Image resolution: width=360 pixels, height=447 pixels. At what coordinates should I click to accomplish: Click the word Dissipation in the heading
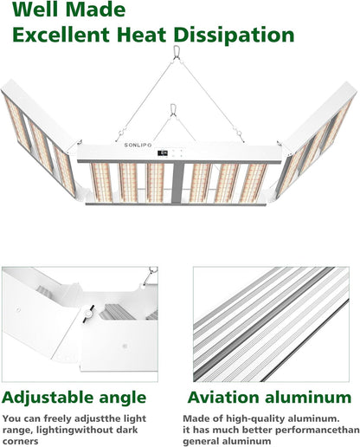pos(234,36)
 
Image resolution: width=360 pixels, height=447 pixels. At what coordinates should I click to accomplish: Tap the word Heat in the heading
pos(142,35)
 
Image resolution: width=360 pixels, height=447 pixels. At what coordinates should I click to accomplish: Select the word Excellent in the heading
pos(61,35)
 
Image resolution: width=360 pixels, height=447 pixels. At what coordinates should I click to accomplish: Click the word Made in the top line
pos(95,10)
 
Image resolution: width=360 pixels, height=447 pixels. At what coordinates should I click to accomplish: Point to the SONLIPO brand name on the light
pos(138,145)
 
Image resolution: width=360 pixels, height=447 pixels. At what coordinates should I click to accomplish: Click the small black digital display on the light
pos(163,152)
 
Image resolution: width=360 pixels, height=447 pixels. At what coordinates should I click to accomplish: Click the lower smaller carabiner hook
pos(173,109)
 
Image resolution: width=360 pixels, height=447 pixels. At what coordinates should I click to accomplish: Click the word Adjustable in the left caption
pos(48,398)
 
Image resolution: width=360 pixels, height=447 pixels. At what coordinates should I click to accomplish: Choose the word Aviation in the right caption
pos(223,397)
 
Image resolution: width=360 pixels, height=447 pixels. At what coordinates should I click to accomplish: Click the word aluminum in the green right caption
pos(308,397)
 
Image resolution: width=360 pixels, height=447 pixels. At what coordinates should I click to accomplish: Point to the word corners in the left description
pos(21,441)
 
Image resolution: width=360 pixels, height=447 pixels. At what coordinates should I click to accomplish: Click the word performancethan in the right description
pos(301,430)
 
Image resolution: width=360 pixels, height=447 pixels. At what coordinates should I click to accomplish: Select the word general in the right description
pos(200,442)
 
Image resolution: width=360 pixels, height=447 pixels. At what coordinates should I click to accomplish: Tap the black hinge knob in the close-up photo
pos(88,313)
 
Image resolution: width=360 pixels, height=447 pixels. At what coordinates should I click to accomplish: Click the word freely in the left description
pos(59,418)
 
